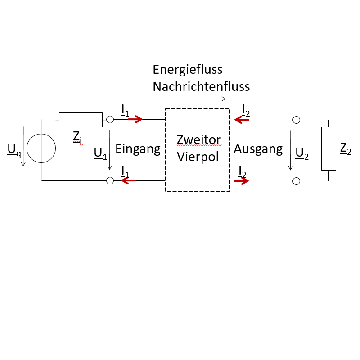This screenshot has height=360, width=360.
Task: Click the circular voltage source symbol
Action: tap(41, 148)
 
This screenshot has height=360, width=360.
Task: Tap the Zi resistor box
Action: tap(81, 120)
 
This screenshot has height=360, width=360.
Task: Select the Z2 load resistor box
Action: tap(329, 148)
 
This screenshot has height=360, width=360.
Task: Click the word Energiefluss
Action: tap(188, 70)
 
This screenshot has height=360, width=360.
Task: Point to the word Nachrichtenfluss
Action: tap(201, 86)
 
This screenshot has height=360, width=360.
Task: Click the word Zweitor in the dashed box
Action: tap(199, 140)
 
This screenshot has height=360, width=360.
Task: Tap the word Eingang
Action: tap(138, 149)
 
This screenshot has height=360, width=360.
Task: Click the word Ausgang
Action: tap(258, 148)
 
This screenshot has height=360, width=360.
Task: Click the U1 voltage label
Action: tap(100, 153)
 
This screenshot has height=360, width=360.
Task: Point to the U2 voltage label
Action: tap(301, 153)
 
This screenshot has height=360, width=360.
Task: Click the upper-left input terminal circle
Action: tap(109, 120)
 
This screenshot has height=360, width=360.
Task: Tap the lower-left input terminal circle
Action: tap(109, 181)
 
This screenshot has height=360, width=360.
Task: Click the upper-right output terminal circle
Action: tap(296, 120)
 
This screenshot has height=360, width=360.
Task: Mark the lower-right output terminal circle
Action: tap(296, 181)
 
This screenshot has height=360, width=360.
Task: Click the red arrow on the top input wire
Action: tap(135, 120)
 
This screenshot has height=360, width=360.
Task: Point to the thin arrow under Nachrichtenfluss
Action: tap(195, 99)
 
